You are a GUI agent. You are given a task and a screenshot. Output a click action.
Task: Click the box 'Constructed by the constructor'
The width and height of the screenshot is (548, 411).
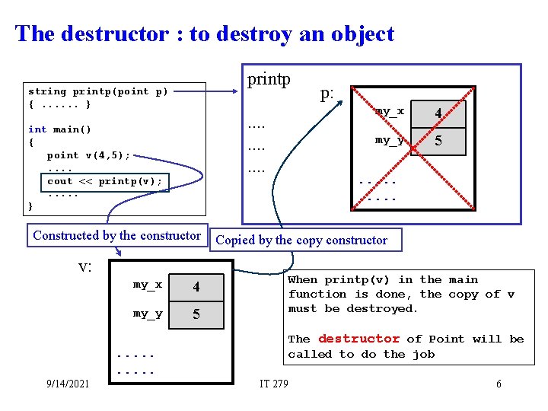(116, 236)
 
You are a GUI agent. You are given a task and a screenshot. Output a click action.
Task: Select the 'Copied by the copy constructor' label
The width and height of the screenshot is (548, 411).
(301, 241)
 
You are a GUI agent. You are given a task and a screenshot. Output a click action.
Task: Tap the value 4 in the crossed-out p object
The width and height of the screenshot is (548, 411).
(438, 113)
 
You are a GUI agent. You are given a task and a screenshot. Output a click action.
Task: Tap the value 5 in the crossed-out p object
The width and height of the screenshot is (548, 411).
(438, 142)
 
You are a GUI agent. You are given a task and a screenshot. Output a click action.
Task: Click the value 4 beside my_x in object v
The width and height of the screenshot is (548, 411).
(196, 287)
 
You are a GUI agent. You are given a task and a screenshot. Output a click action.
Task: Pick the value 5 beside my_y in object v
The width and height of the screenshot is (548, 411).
(196, 314)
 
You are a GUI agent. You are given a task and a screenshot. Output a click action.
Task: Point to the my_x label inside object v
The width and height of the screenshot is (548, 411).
(148, 285)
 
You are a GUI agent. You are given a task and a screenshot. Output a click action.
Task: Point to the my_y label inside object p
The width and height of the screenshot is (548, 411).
(389, 140)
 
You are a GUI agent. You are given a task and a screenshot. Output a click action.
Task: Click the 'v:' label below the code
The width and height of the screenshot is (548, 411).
(85, 266)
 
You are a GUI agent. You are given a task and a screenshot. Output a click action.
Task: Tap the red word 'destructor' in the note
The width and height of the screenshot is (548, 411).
(358, 339)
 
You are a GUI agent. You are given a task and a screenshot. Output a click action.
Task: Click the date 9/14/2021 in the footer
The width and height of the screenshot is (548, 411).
(67, 384)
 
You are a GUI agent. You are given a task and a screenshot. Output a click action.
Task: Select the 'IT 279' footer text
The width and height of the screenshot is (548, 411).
(274, 384)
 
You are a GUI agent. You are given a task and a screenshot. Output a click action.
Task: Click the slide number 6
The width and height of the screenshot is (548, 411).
(499, 384)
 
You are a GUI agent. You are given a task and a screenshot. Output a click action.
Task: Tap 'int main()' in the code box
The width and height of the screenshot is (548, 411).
(59, 129)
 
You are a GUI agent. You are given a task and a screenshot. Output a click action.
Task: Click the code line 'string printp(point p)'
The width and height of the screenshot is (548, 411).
(98, 91)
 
